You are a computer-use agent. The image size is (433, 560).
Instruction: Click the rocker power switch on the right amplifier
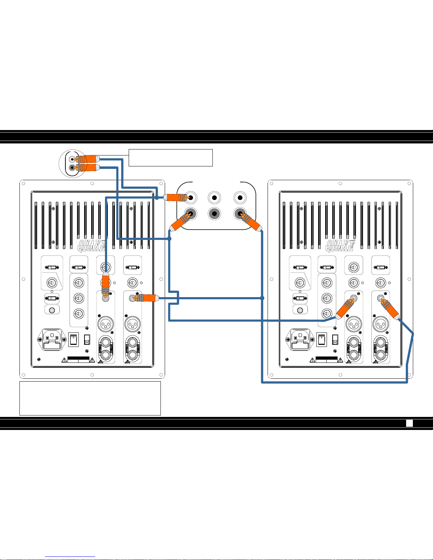point(321,340)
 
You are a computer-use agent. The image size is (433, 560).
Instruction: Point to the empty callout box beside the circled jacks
point(170,158)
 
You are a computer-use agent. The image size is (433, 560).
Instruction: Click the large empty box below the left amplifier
point(90,398)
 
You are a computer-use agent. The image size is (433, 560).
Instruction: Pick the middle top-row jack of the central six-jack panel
point(214,198)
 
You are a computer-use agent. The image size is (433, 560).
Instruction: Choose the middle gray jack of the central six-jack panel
point(214,213)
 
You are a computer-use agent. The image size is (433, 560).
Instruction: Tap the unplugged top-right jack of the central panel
point(240,198)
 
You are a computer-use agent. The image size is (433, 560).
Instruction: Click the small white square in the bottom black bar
point(409,423)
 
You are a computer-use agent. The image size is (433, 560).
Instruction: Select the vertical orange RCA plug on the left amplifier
point(105,285)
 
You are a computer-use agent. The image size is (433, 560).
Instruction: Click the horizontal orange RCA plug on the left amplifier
point(147,298)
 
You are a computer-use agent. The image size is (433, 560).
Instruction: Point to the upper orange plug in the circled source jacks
point(88,159)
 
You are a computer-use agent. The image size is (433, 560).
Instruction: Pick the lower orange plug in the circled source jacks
point(88,167)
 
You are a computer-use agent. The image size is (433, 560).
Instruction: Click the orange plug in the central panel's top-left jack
point(175,198)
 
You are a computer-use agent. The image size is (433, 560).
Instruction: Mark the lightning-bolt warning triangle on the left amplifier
point(92,360)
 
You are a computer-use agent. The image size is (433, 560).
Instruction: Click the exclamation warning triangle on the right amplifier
point(312,360)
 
